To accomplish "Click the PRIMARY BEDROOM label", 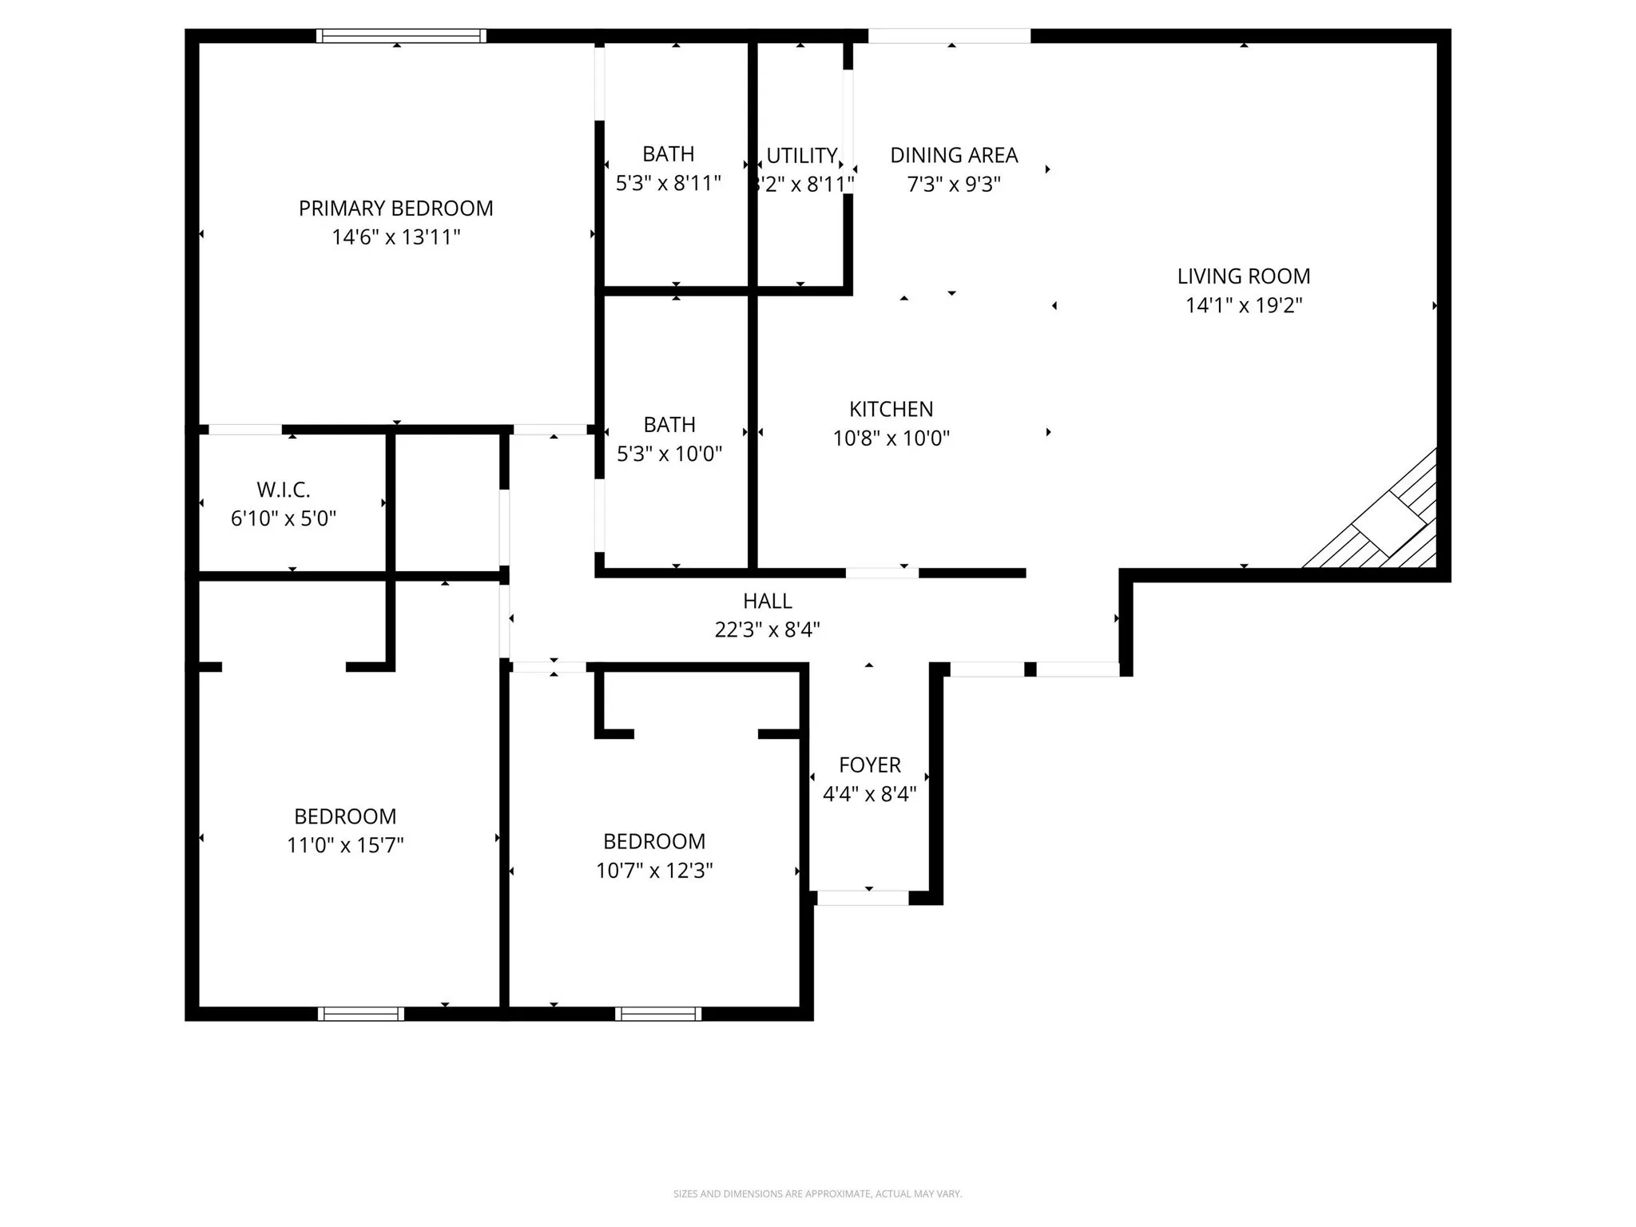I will tap(395, 208).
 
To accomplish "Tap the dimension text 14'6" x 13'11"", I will tap(395, 237).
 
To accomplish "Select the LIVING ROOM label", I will tap(1243, 276).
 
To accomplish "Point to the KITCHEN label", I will tap(891, 409).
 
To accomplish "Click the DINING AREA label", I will tap(954, 155).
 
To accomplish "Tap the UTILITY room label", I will tap(801, 155).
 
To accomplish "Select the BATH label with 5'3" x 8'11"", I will tap(668, 153).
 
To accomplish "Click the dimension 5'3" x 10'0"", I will tap(669, 454).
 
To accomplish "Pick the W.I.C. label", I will tap(283, 490).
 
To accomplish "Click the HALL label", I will tap(767, 601).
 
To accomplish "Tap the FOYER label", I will tap(869, 764).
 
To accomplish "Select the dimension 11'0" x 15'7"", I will tap(345, 845).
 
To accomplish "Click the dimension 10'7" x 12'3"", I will tap(653, 870).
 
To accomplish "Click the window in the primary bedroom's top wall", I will tap(401, 35).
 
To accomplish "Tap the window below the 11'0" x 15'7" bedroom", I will tap(361, 1014).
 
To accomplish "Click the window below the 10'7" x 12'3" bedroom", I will tap(658, 1014).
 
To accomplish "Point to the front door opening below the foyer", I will tap(863, 898).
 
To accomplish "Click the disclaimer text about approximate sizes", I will tap(817, 1193).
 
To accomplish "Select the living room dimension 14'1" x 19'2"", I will tap(1243, 305).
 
